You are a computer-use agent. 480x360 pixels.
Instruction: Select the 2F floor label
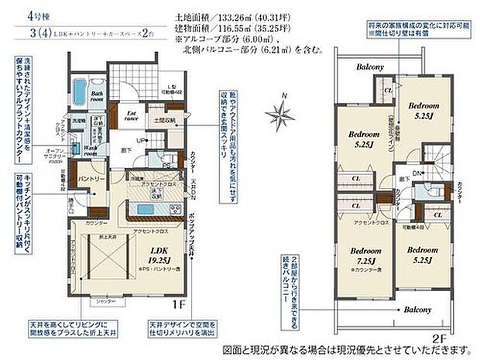(438, 337)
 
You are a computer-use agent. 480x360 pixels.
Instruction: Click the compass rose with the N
(279, 114)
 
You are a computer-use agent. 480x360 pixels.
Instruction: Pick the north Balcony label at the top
(370, 67)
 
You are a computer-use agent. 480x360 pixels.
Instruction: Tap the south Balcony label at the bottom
(417, 309)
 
